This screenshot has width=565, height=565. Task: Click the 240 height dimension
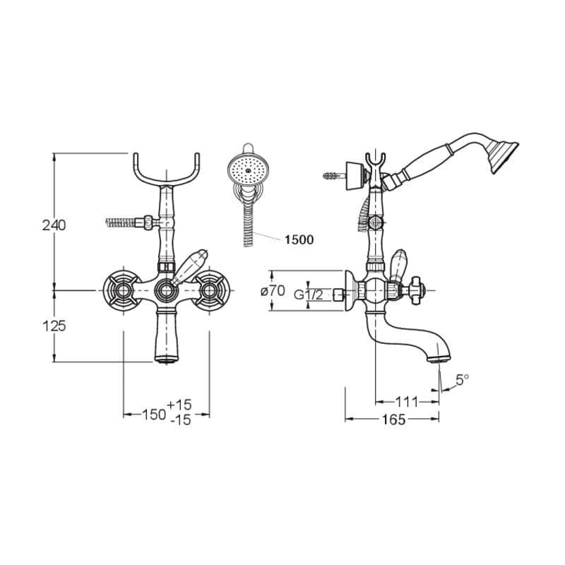(x=54, y=225)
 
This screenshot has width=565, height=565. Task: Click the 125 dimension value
(x=54, y=326)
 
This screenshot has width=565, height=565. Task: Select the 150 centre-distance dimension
(x=154, y=415)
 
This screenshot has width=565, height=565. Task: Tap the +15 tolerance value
(x=179, y=405)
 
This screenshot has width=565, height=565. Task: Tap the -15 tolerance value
(x=180, y=420)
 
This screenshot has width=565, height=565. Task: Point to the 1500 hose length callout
(x=299, y=239)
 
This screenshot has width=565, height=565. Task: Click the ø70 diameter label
(x=273, y=291)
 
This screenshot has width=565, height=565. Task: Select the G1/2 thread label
(x=309, y=295)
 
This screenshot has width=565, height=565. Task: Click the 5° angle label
(x=463, y=379)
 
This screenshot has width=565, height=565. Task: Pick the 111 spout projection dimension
(x=407, y=401)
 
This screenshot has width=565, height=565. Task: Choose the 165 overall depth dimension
(x=393, y=420)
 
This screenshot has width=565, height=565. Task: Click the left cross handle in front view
(x=122, y=290)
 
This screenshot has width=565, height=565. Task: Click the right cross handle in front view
(x=210, y=290)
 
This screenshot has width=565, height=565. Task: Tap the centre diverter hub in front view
(x=166, y=290)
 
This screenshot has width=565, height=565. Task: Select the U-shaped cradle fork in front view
(x=167, y=169)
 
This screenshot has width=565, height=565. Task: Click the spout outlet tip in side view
(x=439, y=359)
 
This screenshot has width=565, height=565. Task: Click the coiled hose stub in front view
(x=121, y=222)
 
